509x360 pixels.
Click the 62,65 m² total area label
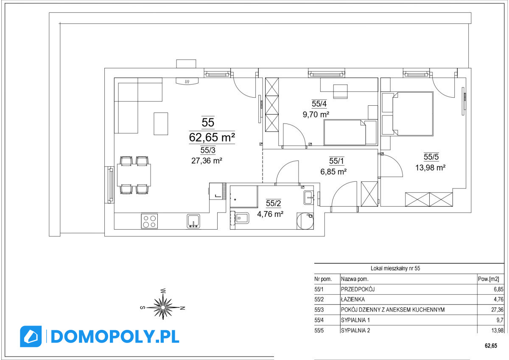click(212, 138)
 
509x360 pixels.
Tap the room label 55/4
click(319, 104)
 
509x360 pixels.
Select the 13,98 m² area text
click(431, 168)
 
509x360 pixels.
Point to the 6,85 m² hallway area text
click(333, 172)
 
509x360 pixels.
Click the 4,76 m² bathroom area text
click(270, 214)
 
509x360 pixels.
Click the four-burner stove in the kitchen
click(149, 221)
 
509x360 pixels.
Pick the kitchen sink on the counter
click(193, 221)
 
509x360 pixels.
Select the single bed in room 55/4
click(350, 132)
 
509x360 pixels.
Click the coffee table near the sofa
click(161, 124)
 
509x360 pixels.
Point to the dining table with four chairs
click(134, 175)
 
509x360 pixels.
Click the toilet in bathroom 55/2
click(240, 218)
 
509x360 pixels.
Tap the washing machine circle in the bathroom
click(305, 221)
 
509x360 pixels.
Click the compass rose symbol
click(163, 307)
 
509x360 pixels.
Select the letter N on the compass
click(182, 308)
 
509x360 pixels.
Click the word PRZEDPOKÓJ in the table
click(358, 289)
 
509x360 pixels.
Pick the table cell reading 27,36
click(497, 309)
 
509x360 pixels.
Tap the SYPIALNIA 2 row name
click(355, 330)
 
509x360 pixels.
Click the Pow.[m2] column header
click(488, 279)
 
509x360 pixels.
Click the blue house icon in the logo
click(31, 336)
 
